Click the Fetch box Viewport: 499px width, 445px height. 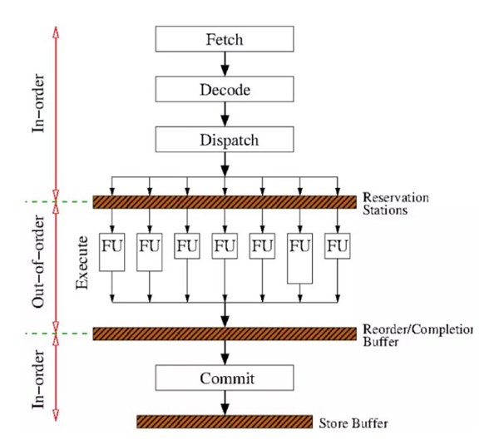[x=224, y=38]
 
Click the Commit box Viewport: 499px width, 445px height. [x=224, y=379]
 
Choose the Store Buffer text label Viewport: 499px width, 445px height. [x=353, y=423]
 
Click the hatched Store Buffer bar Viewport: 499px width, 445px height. [x=224, y=421]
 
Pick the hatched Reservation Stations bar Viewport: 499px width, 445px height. [x=224, y=201]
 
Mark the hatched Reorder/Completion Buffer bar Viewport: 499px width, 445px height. [x=224, y=334]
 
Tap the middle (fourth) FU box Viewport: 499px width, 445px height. [x=225, y=246]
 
